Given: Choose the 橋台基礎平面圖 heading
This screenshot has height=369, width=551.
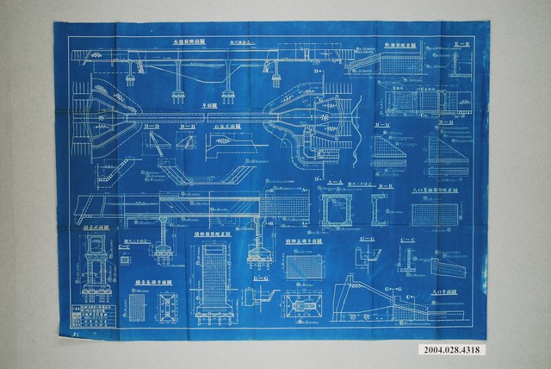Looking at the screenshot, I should point(151,281).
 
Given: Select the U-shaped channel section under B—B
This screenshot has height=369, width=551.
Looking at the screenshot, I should point(381,210).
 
